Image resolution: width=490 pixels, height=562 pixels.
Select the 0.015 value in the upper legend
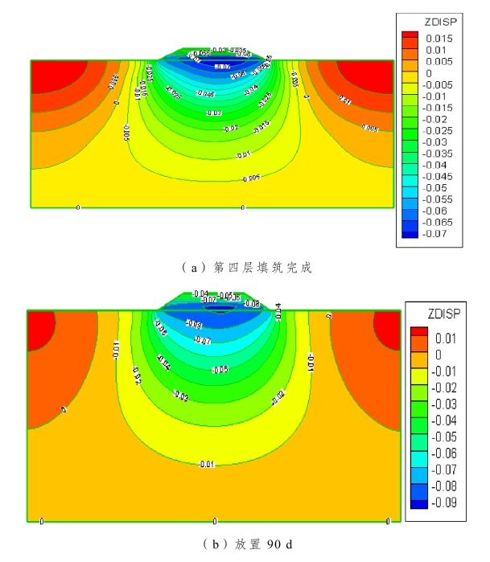tap(439, 39)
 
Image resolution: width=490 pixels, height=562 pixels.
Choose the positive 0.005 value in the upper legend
tap(439, 61)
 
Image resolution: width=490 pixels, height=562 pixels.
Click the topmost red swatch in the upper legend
tap(411, 36)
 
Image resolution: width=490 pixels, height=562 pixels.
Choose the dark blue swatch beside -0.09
tap(418, 504)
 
